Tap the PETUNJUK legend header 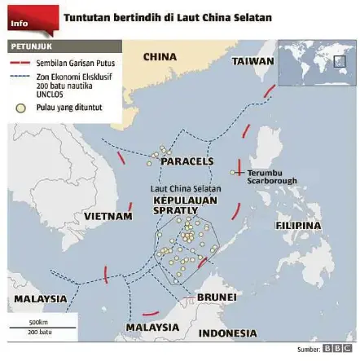[30, 47]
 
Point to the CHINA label [160, 57]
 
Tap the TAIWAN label [252, 61]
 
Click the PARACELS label [187, 161]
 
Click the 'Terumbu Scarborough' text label [271, 177]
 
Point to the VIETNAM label [108, 217]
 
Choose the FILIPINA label [297, 225]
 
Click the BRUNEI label [217, 297]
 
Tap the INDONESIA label [227, 333]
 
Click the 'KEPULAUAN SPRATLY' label [175, 205]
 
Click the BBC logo [336, 349]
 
